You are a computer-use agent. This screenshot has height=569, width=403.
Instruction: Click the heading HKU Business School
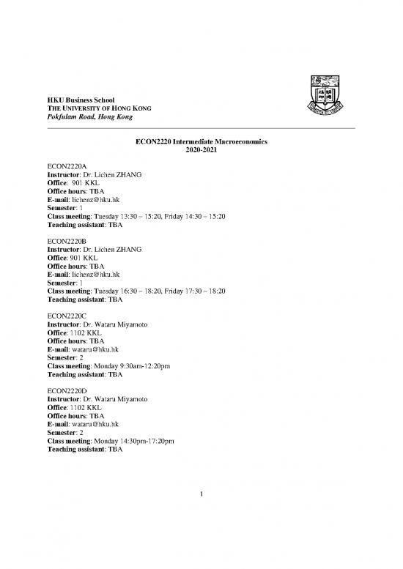click(81, 100)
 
